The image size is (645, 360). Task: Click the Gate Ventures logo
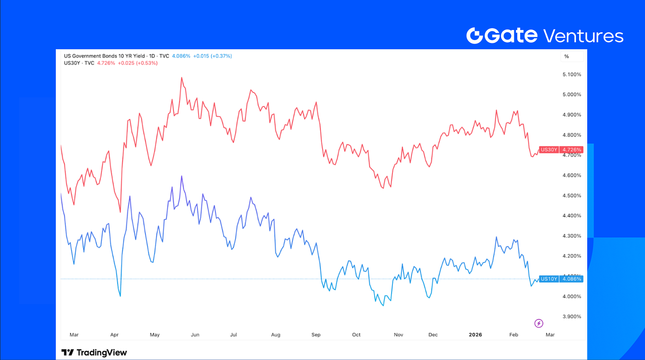pos(545,35)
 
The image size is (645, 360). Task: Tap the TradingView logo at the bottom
pos(94,353)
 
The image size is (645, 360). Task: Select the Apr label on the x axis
pos(114,335)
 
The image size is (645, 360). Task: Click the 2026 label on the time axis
pos(475,335)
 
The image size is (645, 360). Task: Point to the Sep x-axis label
pos(316,335)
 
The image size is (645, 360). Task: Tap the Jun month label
pos(195,335)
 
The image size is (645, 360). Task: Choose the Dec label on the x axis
pos(433,335)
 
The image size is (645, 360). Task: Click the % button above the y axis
pos(567,56)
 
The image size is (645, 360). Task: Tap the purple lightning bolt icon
pos(539,324)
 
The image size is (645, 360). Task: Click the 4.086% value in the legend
pos(181,56)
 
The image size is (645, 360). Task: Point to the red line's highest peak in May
pos(182,77)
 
